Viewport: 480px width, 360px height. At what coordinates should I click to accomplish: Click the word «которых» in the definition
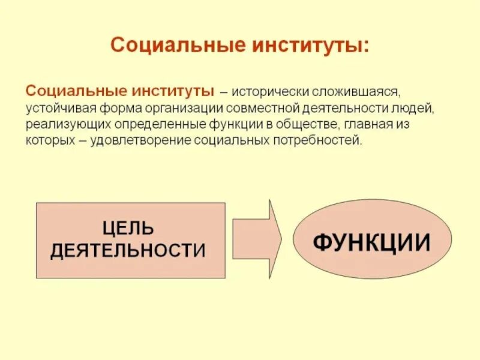[47, 142]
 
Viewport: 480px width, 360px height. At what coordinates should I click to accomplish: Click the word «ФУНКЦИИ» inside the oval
[372, 242]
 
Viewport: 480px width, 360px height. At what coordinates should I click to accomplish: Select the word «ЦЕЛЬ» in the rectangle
[128, 229]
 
